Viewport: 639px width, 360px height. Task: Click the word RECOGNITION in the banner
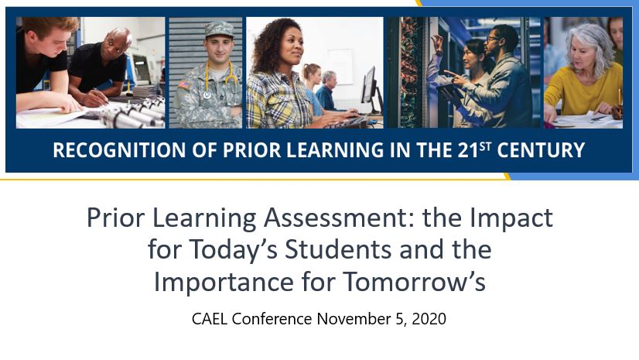[119, 150]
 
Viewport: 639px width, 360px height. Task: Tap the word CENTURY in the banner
[541, 150]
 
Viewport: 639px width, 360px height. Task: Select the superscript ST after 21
[485, 146]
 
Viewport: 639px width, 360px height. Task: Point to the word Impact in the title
[511, 218]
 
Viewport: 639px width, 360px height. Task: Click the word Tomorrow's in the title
[414, 282]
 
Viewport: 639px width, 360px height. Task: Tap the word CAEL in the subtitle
[210, 319]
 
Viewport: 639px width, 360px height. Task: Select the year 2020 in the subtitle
[429, 319]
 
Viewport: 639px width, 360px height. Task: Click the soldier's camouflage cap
[219, 29]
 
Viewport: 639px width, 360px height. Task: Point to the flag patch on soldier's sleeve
[184, 85]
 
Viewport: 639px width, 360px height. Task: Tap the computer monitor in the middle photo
[370, 87]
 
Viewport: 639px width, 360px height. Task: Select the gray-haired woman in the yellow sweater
[584, 74]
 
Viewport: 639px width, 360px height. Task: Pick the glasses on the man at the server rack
[492, 39]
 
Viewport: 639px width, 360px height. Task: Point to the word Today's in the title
[234, 249]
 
